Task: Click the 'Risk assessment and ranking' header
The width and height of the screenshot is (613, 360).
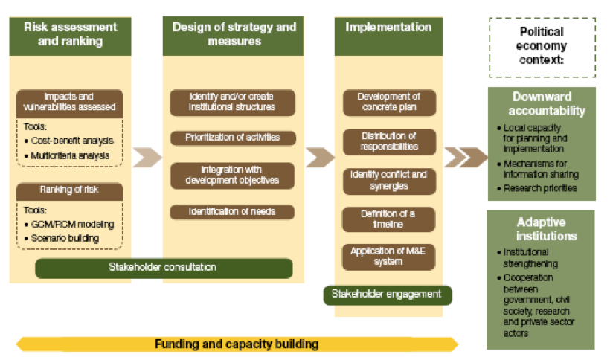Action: click(x=71, y=34)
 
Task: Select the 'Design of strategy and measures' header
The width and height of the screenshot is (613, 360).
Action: click(x=234, y=34)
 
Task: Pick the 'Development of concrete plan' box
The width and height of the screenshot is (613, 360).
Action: click(x=388, y=102)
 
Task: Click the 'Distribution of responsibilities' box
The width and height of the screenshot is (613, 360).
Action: click(x=388, y=141)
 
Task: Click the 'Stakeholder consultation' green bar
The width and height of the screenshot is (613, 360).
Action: click(x=163, y=267)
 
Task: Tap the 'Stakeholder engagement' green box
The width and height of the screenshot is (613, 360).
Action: click(x=388, y=294)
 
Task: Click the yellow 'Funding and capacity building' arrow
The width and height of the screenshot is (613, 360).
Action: click(x=237, y=344)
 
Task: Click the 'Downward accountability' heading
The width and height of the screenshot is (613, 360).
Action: click(x=541, y=103)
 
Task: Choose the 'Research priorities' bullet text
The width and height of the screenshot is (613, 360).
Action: click(x=540, y=188)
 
